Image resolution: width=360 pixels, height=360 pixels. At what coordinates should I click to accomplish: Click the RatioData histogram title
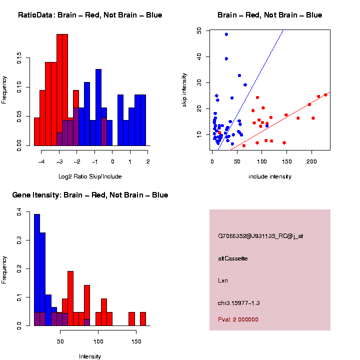tap(90, 15)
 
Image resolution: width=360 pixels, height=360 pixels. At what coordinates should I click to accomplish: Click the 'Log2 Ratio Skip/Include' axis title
tap(90, 176)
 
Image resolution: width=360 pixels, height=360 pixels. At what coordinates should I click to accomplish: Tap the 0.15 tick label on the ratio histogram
tap(19, 59)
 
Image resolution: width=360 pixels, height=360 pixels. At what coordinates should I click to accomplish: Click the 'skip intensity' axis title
tap(184, 90)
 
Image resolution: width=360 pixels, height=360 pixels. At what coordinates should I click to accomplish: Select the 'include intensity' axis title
tap(270, 176)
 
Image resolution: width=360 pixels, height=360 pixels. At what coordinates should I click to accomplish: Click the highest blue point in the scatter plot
tap(226, 34)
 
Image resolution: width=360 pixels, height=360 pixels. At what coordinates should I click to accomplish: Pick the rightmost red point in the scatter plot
tap(325, 94)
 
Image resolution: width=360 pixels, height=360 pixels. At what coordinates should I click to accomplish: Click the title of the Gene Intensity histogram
tap(90, 195)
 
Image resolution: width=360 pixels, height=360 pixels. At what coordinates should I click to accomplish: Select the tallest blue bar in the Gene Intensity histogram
tap(37, 270)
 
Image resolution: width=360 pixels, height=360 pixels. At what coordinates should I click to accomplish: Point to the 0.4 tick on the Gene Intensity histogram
tap(19, 213)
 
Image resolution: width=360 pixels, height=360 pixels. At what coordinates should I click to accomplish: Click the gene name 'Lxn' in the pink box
tap(223, 280)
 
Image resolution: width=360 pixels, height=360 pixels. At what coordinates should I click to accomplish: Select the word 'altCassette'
tap(233, 258)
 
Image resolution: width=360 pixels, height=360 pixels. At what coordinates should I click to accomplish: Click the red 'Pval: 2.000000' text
tap(238, 319)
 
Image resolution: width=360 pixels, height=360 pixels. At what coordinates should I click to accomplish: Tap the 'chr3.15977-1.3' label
tap(239, 303)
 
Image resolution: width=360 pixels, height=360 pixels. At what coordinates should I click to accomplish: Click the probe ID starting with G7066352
tap(260, 236)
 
